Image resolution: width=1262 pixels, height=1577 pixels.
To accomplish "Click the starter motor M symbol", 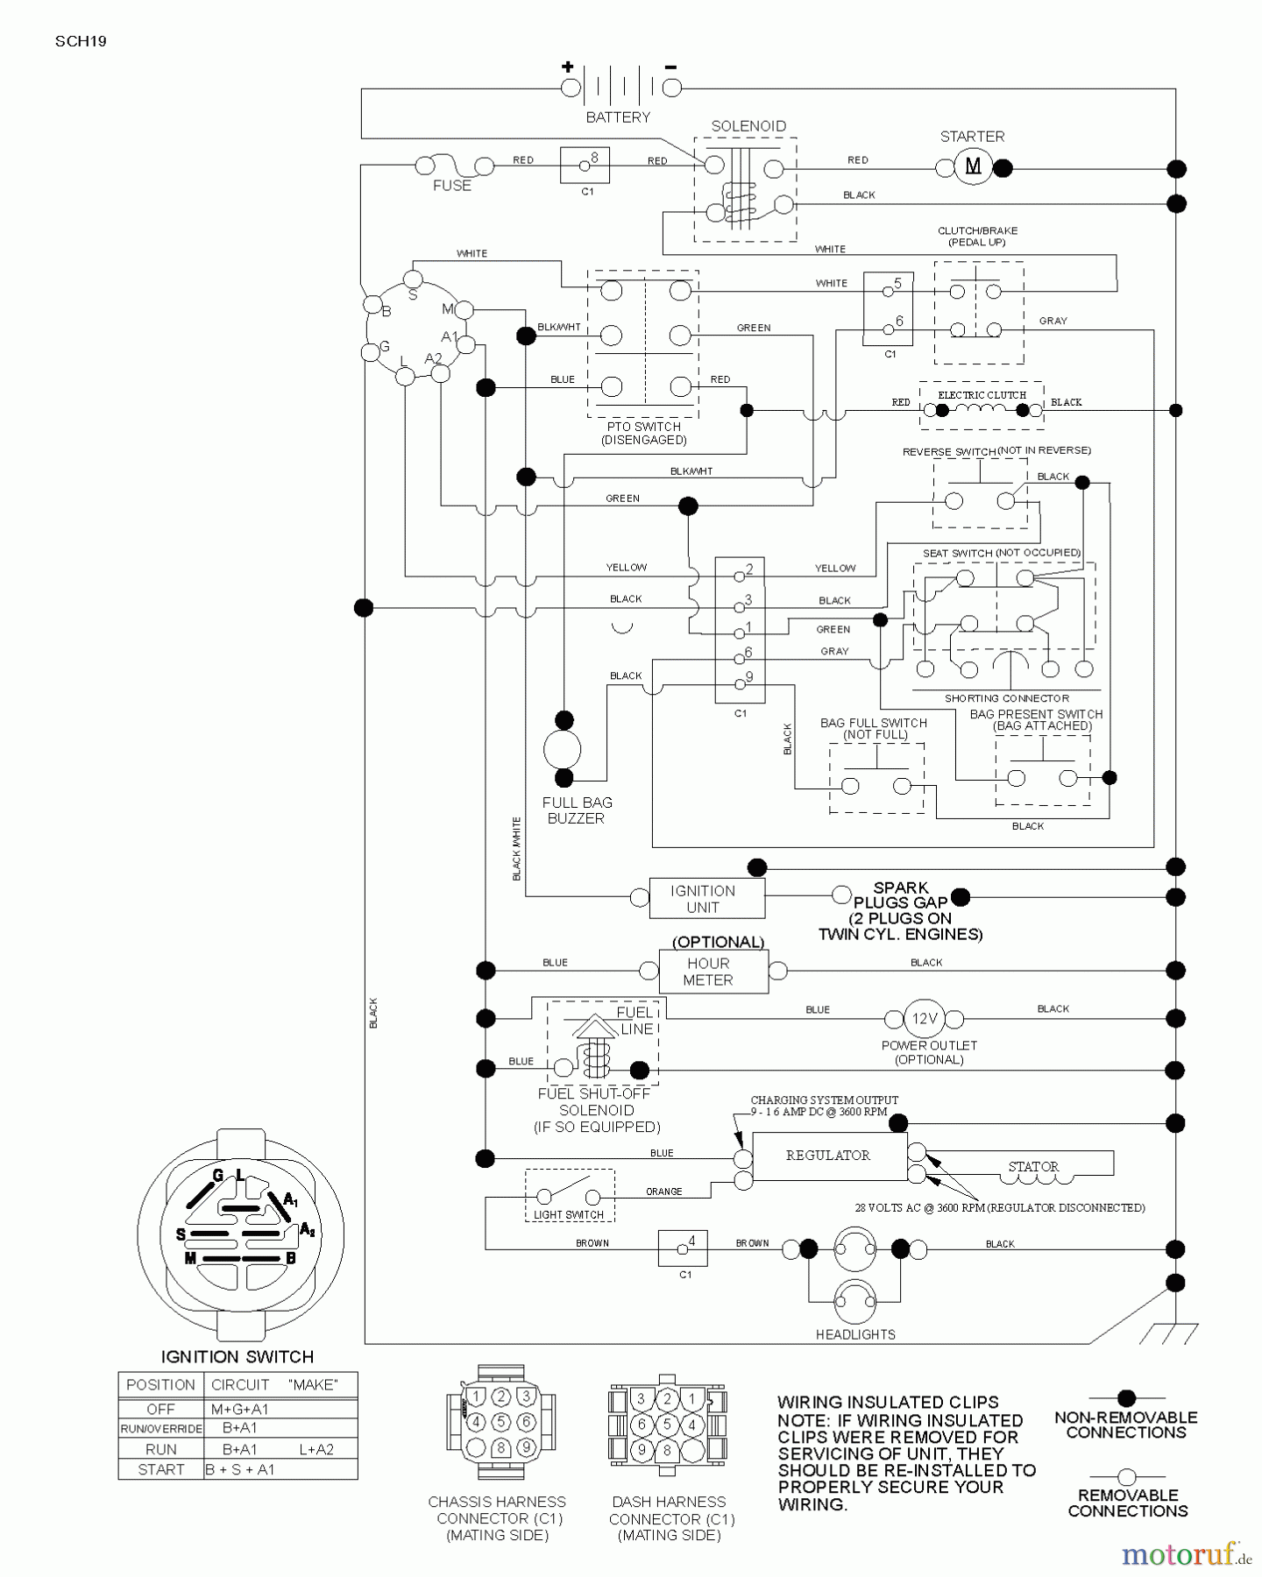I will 973,166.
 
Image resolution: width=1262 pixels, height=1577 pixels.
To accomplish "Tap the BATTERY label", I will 618,117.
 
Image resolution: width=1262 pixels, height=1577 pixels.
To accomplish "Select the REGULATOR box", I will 829,1156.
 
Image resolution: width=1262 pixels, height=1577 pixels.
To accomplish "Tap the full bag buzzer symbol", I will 563,750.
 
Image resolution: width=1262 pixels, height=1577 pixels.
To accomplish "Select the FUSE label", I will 452,186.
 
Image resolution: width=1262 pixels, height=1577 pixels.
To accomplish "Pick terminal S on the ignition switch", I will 414,279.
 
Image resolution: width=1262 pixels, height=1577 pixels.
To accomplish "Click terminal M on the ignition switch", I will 464,309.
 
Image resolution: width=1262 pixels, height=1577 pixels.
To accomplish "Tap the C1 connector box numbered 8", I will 585,165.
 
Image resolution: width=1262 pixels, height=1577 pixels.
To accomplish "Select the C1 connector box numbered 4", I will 683,1248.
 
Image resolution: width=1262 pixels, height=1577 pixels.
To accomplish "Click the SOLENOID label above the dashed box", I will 748,126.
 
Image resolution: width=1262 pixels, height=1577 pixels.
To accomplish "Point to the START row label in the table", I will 161,1469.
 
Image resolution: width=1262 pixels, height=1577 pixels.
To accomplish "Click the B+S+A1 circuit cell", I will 240,1469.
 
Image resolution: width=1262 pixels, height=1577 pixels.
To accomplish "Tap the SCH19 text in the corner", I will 81,41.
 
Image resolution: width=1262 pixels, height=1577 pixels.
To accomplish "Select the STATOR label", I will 1033,1166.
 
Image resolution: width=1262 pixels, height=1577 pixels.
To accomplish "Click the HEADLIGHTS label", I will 855,1334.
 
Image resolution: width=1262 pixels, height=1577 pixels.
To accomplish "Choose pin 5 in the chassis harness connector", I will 500,1421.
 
